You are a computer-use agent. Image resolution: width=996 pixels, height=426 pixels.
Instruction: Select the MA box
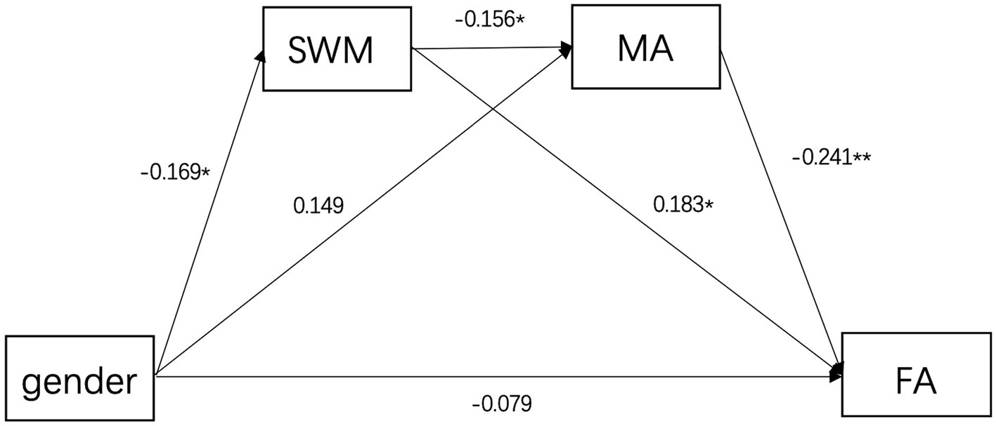pyautogui.click(x=646, y=47)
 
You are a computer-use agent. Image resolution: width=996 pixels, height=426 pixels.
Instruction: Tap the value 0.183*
pyautogui.click(x=684, y=204)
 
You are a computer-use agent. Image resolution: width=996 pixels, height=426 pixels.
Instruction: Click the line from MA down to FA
pyautogui.click(x=780, y=211)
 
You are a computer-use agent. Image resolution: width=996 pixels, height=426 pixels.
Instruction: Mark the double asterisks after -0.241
pyautogui.click(x=861, y=158)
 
